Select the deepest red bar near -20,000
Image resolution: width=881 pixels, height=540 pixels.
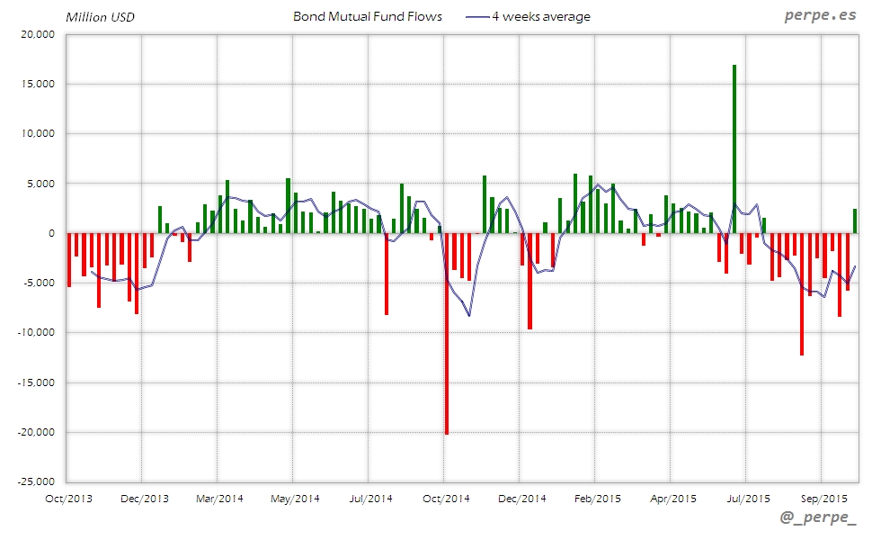click(447, 333)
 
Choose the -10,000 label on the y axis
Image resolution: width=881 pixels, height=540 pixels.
click(37, 332)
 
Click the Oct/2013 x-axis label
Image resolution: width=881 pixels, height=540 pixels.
click(67, 498)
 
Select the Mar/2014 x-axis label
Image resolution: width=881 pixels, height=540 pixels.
click(218, 498)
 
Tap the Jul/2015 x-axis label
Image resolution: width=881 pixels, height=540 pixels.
click(747, 498)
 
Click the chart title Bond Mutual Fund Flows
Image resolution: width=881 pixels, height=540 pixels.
click(368, 16)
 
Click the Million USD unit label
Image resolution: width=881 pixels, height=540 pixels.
click(100, 17)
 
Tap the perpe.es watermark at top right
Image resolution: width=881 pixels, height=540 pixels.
click(820, 16)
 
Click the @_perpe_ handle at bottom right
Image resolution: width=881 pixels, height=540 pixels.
click(819, 518)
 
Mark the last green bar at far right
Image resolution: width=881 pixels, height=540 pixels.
click(855, 220)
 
